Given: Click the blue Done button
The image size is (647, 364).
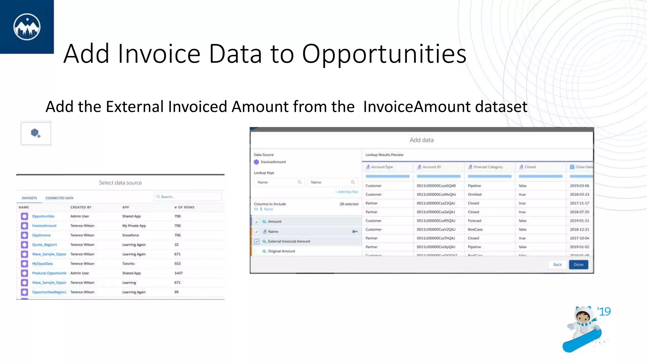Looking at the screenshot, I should (x=578, y=264).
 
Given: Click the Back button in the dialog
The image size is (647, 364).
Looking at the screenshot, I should (x=557, y=264).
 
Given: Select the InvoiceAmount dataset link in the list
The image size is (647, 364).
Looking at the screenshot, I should (x=44, y=226).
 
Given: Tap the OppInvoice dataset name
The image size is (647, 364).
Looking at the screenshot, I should (x=41, y=235).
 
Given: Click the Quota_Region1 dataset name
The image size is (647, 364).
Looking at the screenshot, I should (x=45, y=245).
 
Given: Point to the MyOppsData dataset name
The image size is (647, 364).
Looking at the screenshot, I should (x=42, y=264).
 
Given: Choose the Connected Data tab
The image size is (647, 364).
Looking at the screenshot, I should (x=59, y=198).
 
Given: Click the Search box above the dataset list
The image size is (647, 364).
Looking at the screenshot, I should (x=188, y=197).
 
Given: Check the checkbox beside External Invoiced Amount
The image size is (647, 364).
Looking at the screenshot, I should (x=257, y=241).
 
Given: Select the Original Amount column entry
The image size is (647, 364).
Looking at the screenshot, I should (x=281, y=251).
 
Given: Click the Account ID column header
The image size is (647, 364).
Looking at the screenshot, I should (x=432, y=167).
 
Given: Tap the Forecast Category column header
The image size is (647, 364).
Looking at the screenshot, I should (x=488, y=167).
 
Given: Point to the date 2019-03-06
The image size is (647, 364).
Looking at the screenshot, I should (x=579, y=186).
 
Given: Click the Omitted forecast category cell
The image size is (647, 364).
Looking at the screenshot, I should (x=475, y=195).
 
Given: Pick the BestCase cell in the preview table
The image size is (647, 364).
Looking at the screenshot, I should (x=475, y=229).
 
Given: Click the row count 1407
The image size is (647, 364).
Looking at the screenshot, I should (x=178, y=273).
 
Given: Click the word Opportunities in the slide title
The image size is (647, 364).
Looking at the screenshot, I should (x=384, y=54).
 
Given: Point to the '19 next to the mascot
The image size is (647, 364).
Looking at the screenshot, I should (x=604, y=312).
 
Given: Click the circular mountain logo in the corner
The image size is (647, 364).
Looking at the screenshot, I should (x=27, y=27).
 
